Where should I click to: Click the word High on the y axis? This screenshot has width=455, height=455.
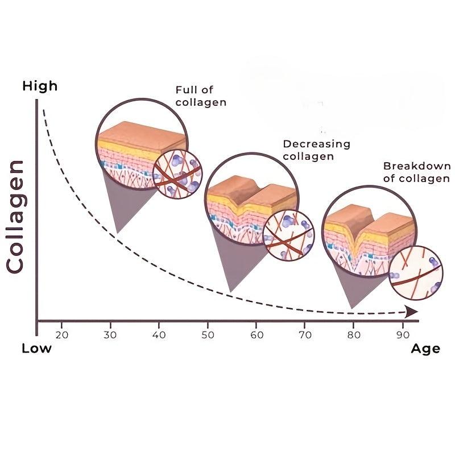(x=40, y=86)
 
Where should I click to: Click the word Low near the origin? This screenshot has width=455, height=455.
(x=36, y=348)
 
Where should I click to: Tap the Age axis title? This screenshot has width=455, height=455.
(x=425, y=349)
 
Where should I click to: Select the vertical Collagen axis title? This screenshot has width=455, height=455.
(x=15, y=217)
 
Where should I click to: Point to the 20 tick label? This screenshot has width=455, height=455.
(x=62, y=335)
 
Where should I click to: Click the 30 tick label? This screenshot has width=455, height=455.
(x=110, y=335)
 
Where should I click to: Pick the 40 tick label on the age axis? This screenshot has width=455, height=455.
(x=159, y=335)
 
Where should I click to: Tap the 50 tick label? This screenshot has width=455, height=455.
(x=208, y=335)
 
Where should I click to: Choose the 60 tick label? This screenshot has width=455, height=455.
(x=257, y=335)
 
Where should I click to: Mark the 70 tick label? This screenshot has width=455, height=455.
(x=305, y=335)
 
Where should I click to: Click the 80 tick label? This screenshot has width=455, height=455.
(x=354, y=335)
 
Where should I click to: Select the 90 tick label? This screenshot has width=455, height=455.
(x=403, y=335)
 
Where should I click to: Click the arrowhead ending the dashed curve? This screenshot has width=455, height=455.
(x=412, y=312)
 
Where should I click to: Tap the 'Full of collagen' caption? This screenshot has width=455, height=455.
(x=201, y=96)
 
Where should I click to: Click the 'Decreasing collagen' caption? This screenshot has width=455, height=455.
(x=317, y=150)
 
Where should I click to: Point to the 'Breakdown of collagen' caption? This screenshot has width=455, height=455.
(x=417, y=172)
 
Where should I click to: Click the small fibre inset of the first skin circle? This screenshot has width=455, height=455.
(x=177, y=175)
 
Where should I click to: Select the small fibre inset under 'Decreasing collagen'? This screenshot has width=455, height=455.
(x=289, y=235)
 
